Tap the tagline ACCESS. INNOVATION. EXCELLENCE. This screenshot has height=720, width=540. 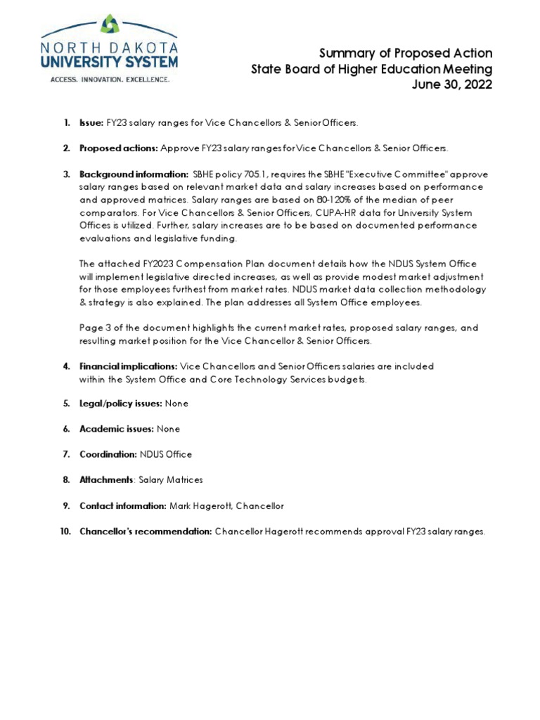[x=109, y=79]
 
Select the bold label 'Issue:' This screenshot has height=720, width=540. [x=91, y=123]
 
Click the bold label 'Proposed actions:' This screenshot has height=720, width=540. [x=119, y=148]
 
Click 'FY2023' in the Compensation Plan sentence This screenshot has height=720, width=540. [x=157, y=264]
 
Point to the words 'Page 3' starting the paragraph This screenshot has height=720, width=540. [x=95, y=328]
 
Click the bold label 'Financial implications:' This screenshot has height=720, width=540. [x=129, y=366]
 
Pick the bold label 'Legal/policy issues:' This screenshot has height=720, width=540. [x=121, y=404]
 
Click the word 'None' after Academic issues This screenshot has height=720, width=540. [x=169, y=429]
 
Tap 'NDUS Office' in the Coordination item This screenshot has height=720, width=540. [x=166, y=454]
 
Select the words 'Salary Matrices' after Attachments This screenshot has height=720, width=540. [x=171, y=480]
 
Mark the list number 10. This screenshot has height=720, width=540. [x=65, y=532]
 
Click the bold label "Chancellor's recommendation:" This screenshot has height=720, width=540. [x=146, y=532]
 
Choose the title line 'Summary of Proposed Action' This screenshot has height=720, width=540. [x=406, y=53]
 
